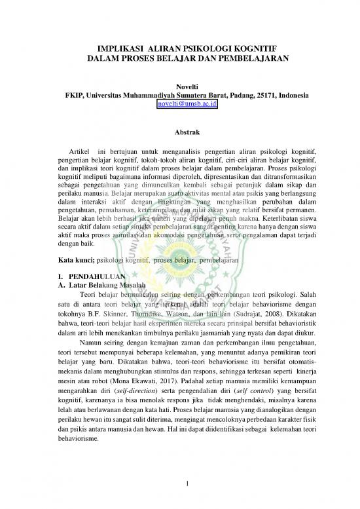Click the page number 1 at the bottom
pos(188,484)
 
